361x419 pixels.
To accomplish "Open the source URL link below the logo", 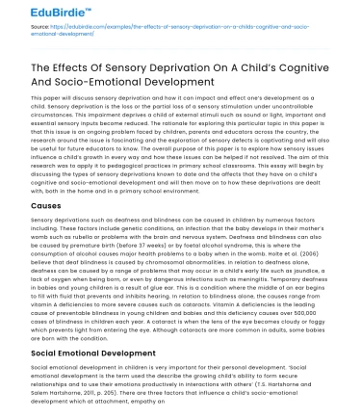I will (144, 34).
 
